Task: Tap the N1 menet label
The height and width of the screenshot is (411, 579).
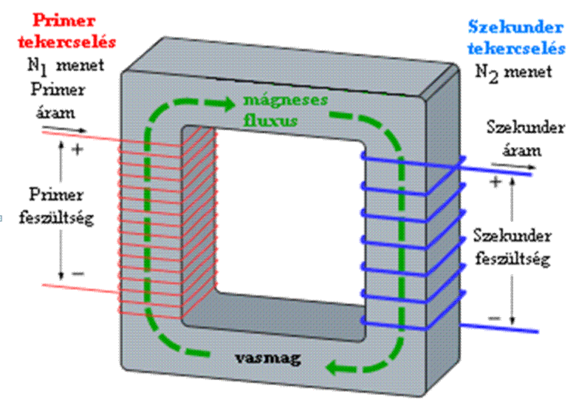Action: pos(63,66)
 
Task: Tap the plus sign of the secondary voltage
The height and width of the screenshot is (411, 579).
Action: pos(495,180)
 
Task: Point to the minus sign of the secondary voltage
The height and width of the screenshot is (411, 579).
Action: pos(494,318)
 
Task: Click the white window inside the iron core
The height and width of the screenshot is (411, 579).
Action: pos(290,214)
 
